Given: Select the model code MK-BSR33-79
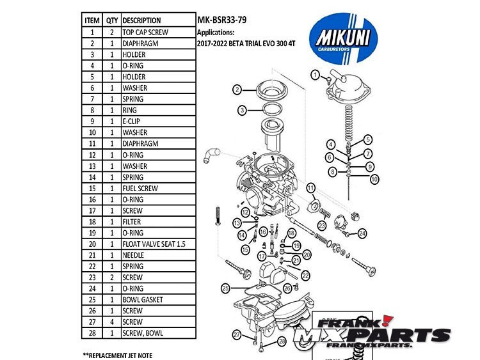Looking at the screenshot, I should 221,19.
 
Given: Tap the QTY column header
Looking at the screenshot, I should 112,20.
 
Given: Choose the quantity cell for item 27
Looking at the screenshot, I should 112,322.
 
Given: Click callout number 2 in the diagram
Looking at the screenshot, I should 237,90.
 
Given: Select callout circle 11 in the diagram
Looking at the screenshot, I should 310,187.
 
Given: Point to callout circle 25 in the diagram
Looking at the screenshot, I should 225,288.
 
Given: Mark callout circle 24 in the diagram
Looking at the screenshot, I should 362,233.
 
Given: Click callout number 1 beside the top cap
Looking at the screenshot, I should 315,75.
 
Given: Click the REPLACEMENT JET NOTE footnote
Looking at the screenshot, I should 118,354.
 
